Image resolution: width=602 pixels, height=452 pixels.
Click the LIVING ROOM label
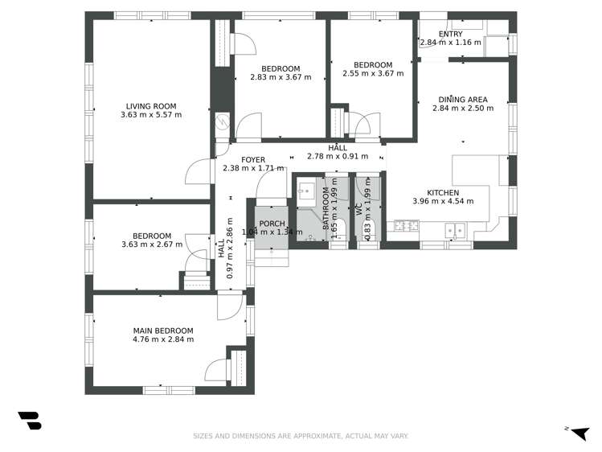151,105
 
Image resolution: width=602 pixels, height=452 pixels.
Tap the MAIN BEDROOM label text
163,331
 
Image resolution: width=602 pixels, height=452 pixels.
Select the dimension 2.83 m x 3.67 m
281,77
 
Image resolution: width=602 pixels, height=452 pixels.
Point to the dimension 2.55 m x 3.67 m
373,74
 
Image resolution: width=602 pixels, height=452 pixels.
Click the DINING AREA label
463,100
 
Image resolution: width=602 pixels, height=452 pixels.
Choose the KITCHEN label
443,193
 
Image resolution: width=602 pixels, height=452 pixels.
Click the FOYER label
253,159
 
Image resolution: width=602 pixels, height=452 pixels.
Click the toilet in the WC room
367,232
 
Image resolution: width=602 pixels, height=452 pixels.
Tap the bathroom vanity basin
306,191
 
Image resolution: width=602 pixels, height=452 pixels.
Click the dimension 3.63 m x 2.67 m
152,244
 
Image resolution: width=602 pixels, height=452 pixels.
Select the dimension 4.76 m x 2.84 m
163,339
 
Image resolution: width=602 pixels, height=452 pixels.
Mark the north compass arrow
576,431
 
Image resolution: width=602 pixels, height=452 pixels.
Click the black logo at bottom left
29,420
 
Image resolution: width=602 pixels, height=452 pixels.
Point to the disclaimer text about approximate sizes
301,436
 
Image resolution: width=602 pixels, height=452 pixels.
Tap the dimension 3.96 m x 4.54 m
443,202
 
